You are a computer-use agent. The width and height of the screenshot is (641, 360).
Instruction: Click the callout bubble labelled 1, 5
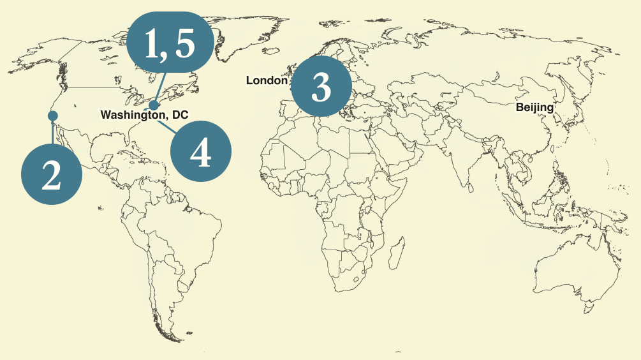point(168,44)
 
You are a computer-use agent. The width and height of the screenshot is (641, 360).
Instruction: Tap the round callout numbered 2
point(52,175)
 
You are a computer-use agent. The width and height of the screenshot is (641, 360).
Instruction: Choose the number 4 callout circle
point(201,151)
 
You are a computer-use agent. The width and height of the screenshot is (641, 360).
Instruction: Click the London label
point(267,80)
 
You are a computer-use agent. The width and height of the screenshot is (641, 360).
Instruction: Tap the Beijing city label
point(534,107)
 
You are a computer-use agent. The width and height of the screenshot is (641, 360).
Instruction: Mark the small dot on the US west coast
point(53,116)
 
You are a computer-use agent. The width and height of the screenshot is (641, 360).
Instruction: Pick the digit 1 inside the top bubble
point(151,45)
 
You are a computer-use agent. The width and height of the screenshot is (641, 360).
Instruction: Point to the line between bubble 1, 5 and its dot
point(160,87)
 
